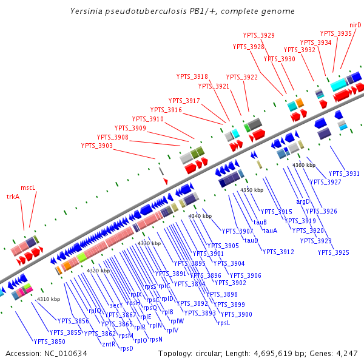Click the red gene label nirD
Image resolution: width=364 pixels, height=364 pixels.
pos(356,25)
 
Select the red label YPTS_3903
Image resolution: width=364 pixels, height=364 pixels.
pos(96,146)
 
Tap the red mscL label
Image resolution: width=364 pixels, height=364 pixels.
pos(29,188)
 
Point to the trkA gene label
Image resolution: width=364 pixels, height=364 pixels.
pos(13,197)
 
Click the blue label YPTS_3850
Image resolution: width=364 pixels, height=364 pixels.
pos(50,342)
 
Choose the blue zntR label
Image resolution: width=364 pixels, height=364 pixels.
pos(109,344)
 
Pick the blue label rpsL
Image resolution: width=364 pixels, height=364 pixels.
pos(224,323)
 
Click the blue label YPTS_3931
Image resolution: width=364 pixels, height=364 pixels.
pos(344,174)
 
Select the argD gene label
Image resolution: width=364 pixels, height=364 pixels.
pos(303,201)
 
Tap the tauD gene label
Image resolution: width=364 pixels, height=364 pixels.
pos(251,240)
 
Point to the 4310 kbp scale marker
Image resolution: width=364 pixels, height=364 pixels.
pos(49,299)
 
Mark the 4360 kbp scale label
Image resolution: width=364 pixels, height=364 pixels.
pos(304,165)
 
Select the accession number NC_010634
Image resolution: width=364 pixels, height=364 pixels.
pos(66,353)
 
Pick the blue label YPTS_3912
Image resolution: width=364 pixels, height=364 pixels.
pos(278,252)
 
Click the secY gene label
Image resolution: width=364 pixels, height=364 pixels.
pos(116,305)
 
